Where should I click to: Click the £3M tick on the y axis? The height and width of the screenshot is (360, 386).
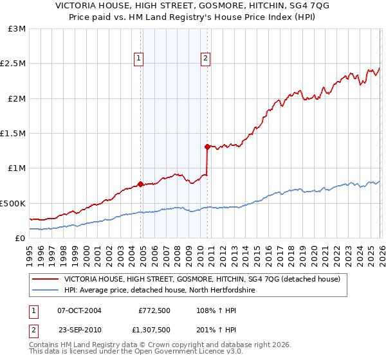(x=17, y=29)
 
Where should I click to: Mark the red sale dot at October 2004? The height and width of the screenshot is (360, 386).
(x=140, y=184)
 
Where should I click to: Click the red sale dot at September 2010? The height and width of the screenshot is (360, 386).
(x=207, y=147)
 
